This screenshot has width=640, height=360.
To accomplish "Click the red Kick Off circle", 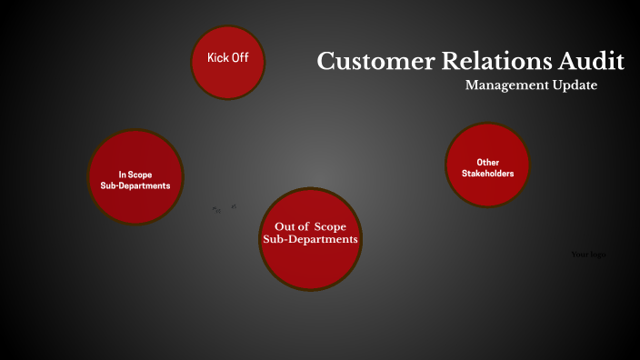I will click(x=227, y=61).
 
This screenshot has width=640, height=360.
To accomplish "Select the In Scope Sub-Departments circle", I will click(x=135, y=177).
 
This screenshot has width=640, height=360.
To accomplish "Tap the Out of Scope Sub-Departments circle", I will click(x=311, y=238).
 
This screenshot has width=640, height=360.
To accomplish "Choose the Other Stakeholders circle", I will click(x=487, y=165).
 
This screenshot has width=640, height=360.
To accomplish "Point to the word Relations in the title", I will click(x=492, y=62).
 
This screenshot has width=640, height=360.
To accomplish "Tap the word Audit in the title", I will click(x=592, y=62).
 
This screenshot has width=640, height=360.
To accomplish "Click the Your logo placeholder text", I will click(x=588, y=255).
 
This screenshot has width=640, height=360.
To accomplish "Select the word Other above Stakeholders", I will click(x=488, y=162).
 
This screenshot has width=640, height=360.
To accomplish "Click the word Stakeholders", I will click(x=488, y=173).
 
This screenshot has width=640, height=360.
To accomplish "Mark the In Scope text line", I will click(x=135, y=174).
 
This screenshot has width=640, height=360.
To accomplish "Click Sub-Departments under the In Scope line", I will click(x=135, y=185).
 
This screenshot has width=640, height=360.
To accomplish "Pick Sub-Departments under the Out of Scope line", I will click(x=311, y=239).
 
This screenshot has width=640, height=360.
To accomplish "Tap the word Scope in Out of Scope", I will click(x=331, y=225).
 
